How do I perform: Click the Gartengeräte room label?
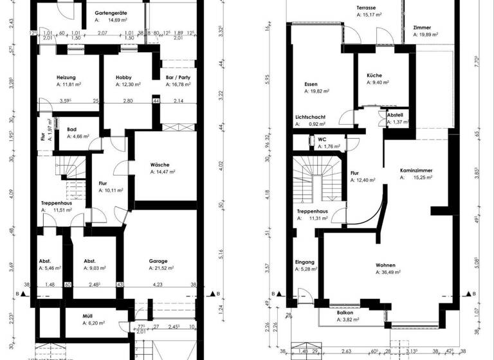[x=109, y=12]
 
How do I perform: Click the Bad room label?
[x=72, y=129]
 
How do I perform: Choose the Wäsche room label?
[x=160, y=165]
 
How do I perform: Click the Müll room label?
[x=87, y=316]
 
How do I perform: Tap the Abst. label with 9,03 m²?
[x=89, y=261]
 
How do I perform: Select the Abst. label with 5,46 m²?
[x=45, y=261]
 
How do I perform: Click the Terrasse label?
[x=367, y=7]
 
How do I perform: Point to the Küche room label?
[x=374, y=75]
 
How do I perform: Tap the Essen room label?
[x=311, y=84]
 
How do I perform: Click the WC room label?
[x=322, y=138]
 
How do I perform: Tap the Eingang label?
[x=305, y=262]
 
